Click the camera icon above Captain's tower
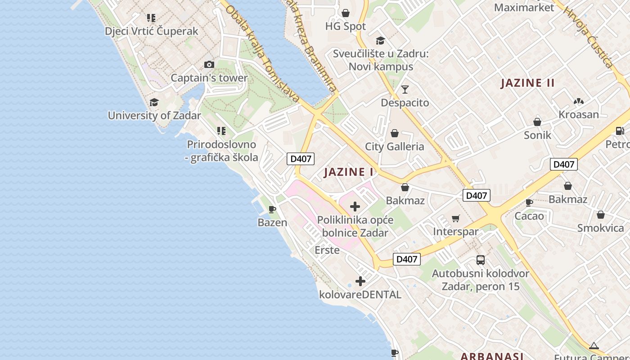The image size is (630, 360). (209, 65)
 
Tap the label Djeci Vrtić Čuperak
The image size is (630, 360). (151, 31)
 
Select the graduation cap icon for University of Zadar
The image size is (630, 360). (154, 102)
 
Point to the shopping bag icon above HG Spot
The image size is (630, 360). (346, 13)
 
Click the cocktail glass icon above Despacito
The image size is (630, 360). (405, 90)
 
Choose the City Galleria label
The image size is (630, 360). (394, 146)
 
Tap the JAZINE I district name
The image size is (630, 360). (349, 172)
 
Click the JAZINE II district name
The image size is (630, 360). (527, 83)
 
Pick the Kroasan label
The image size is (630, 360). (579, 114)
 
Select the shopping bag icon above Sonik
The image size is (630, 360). (537, 122)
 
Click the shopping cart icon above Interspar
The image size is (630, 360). (456, 219)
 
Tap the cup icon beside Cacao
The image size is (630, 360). (529, 203)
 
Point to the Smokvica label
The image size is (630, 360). (601, 228)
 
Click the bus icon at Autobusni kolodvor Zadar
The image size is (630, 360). (481, 260)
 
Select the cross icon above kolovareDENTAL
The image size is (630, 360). (360, 281)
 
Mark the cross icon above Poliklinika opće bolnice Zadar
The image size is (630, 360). (355, 207)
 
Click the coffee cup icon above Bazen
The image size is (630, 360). (272, 209)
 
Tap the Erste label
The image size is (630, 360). (327, 250)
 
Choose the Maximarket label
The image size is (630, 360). (524, 8)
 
